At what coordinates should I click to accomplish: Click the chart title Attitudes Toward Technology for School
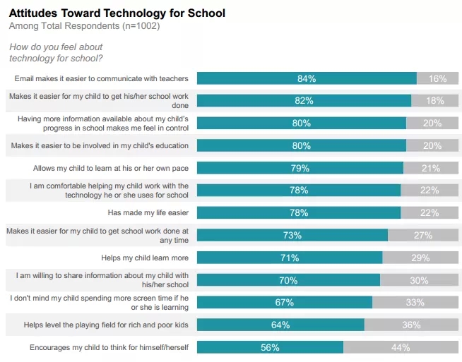pos(117,13)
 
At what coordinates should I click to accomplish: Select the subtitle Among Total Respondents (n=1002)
pos(84,26)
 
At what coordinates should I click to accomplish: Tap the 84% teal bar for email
pos(307,78)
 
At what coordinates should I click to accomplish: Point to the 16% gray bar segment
pos(437,78)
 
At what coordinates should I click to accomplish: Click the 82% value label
pos(304,101)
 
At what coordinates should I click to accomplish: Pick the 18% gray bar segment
pos(434,101)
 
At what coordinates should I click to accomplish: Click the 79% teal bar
pos(300,168)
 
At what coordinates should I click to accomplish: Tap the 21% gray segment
pos(430,168)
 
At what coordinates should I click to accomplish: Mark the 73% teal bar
pos(292,235)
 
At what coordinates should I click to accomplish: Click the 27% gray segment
pos(422,235)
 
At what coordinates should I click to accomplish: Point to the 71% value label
pos(290,258)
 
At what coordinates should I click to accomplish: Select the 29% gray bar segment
pos(420,258)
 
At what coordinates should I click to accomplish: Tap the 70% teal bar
pos(288,280)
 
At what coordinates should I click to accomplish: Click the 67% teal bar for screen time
pos(284,302)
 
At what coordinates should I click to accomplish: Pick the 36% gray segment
pos(410,325)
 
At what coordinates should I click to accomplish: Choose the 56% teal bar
pos(270,347)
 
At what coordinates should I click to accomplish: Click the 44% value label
pos(401,347)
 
